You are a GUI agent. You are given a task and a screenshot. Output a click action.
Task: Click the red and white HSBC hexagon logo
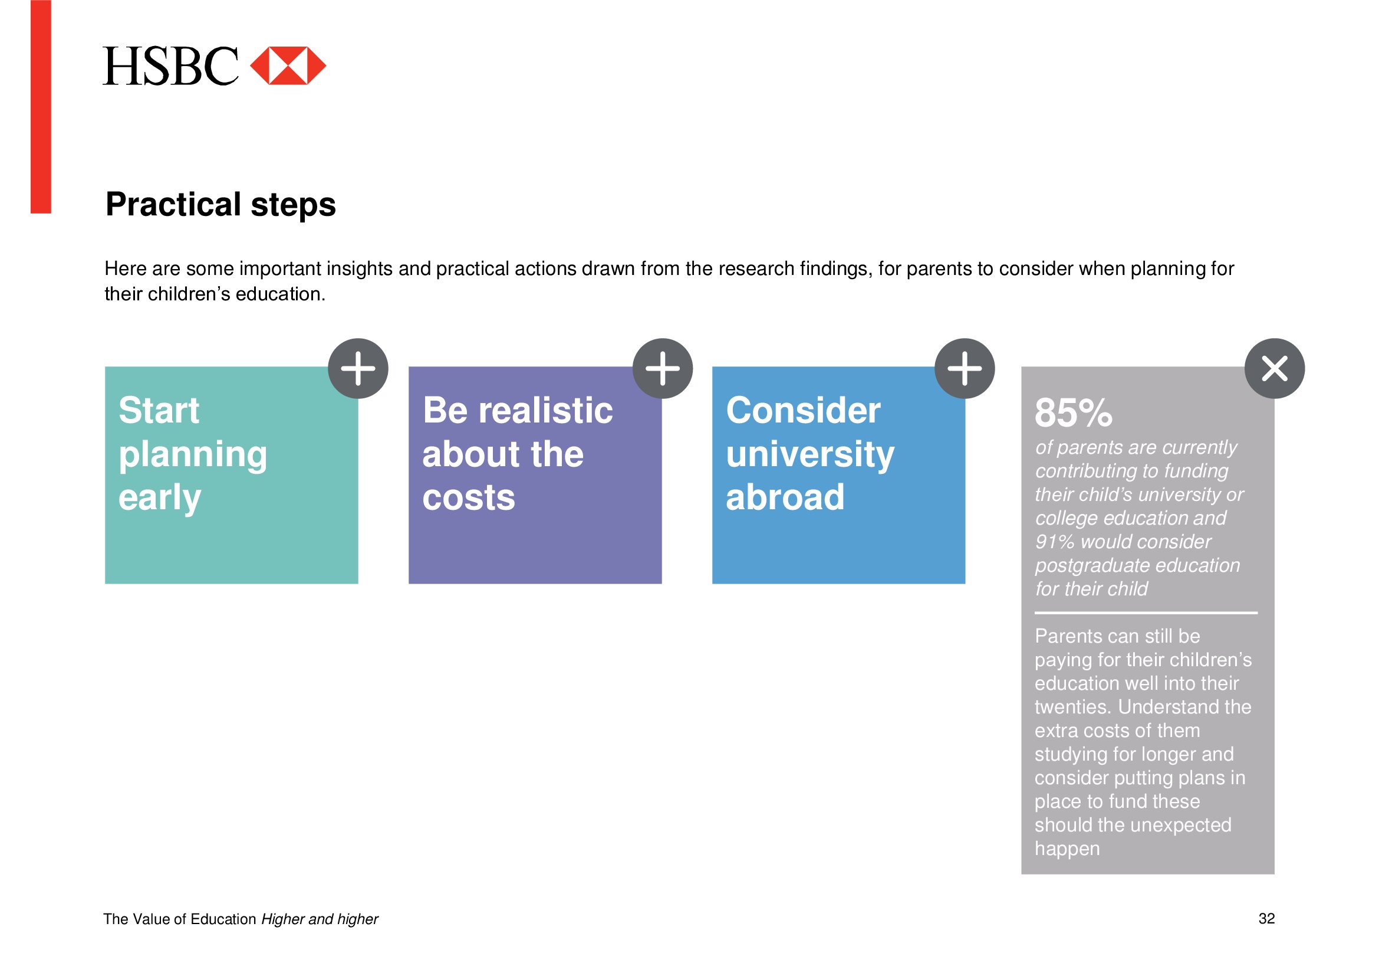tap(288, 65)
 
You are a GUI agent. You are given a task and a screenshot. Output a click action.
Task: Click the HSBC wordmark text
tap(170, 66)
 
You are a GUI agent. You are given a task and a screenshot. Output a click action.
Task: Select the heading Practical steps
tap(220, 204)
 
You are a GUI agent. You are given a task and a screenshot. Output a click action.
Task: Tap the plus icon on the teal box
tap(358, 368)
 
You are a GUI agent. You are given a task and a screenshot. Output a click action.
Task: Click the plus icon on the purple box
tap(663, 368)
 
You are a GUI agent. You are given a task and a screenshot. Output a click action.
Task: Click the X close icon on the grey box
tap(1275, 368)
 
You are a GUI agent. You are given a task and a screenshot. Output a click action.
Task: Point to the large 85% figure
tap(1073, 413)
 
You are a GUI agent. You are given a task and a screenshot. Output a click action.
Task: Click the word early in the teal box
tap(160, 498)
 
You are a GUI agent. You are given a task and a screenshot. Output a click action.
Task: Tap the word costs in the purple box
tap(469, 498)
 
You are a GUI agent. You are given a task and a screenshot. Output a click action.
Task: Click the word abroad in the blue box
tap(785, 497)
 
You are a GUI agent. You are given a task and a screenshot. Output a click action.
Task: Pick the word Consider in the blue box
tap(803, 411)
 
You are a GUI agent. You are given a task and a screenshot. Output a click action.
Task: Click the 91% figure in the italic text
tap(1055, 542)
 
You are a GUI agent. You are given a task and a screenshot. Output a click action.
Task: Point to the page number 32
tap(1266, 918)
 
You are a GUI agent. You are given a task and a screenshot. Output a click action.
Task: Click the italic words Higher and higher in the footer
tap(320, 919)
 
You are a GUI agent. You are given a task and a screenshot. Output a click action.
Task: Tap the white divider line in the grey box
tap(1146, 613)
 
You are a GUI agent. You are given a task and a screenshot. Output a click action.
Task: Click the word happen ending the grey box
tap(1067, 849)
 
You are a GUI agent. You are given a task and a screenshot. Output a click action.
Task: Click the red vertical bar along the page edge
tap(41, 106)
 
